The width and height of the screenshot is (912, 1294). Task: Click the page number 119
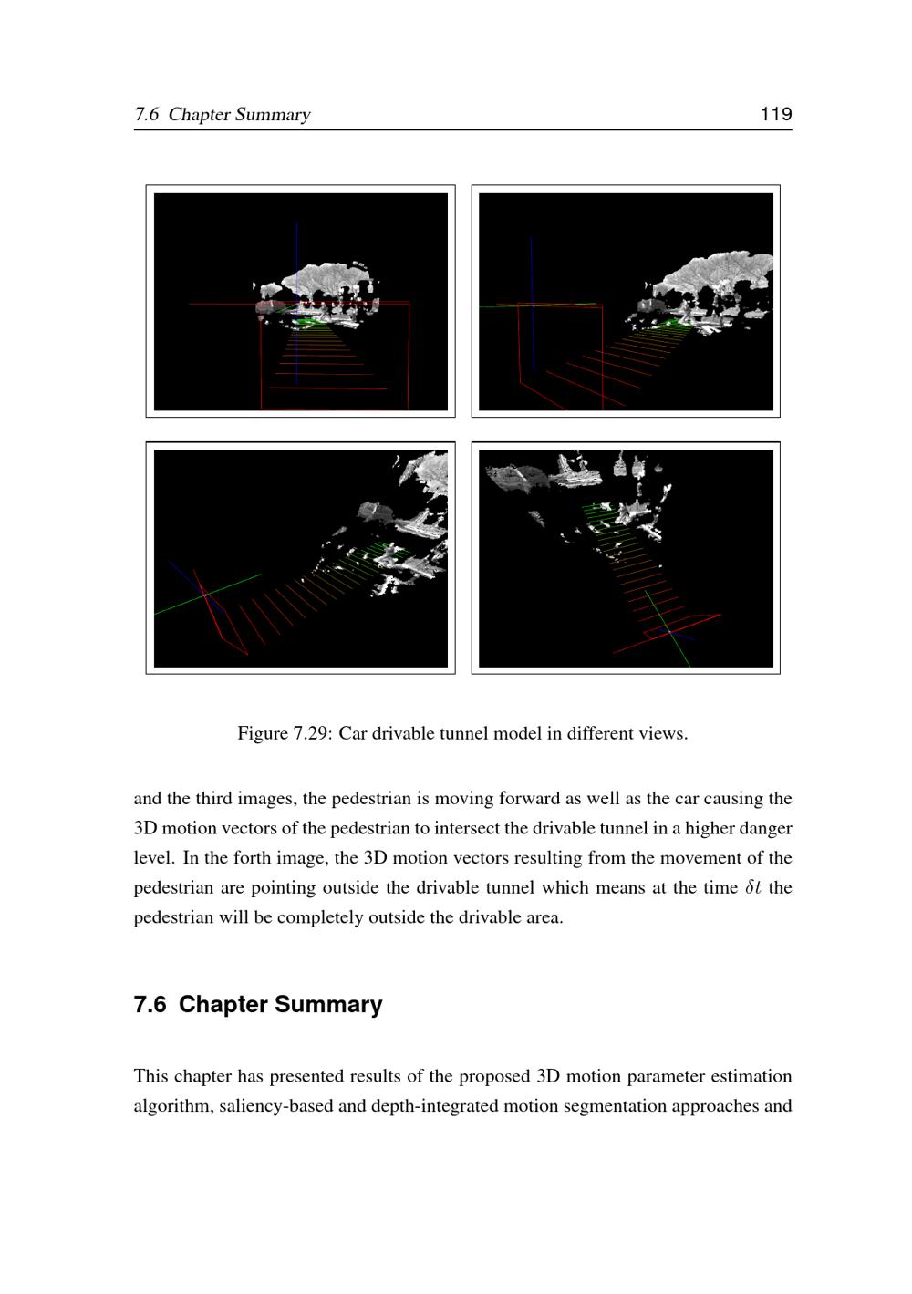pos(776,114)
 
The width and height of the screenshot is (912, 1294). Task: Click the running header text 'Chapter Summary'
pos(239,114)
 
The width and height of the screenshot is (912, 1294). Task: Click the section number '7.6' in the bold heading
pos(150,1005)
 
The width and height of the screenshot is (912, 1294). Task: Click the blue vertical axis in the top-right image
pos(532,304)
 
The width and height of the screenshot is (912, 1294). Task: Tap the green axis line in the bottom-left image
pos(208,595)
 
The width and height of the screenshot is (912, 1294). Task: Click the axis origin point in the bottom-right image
pos(669,632)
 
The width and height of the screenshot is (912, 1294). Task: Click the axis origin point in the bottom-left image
pos(206,595)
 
